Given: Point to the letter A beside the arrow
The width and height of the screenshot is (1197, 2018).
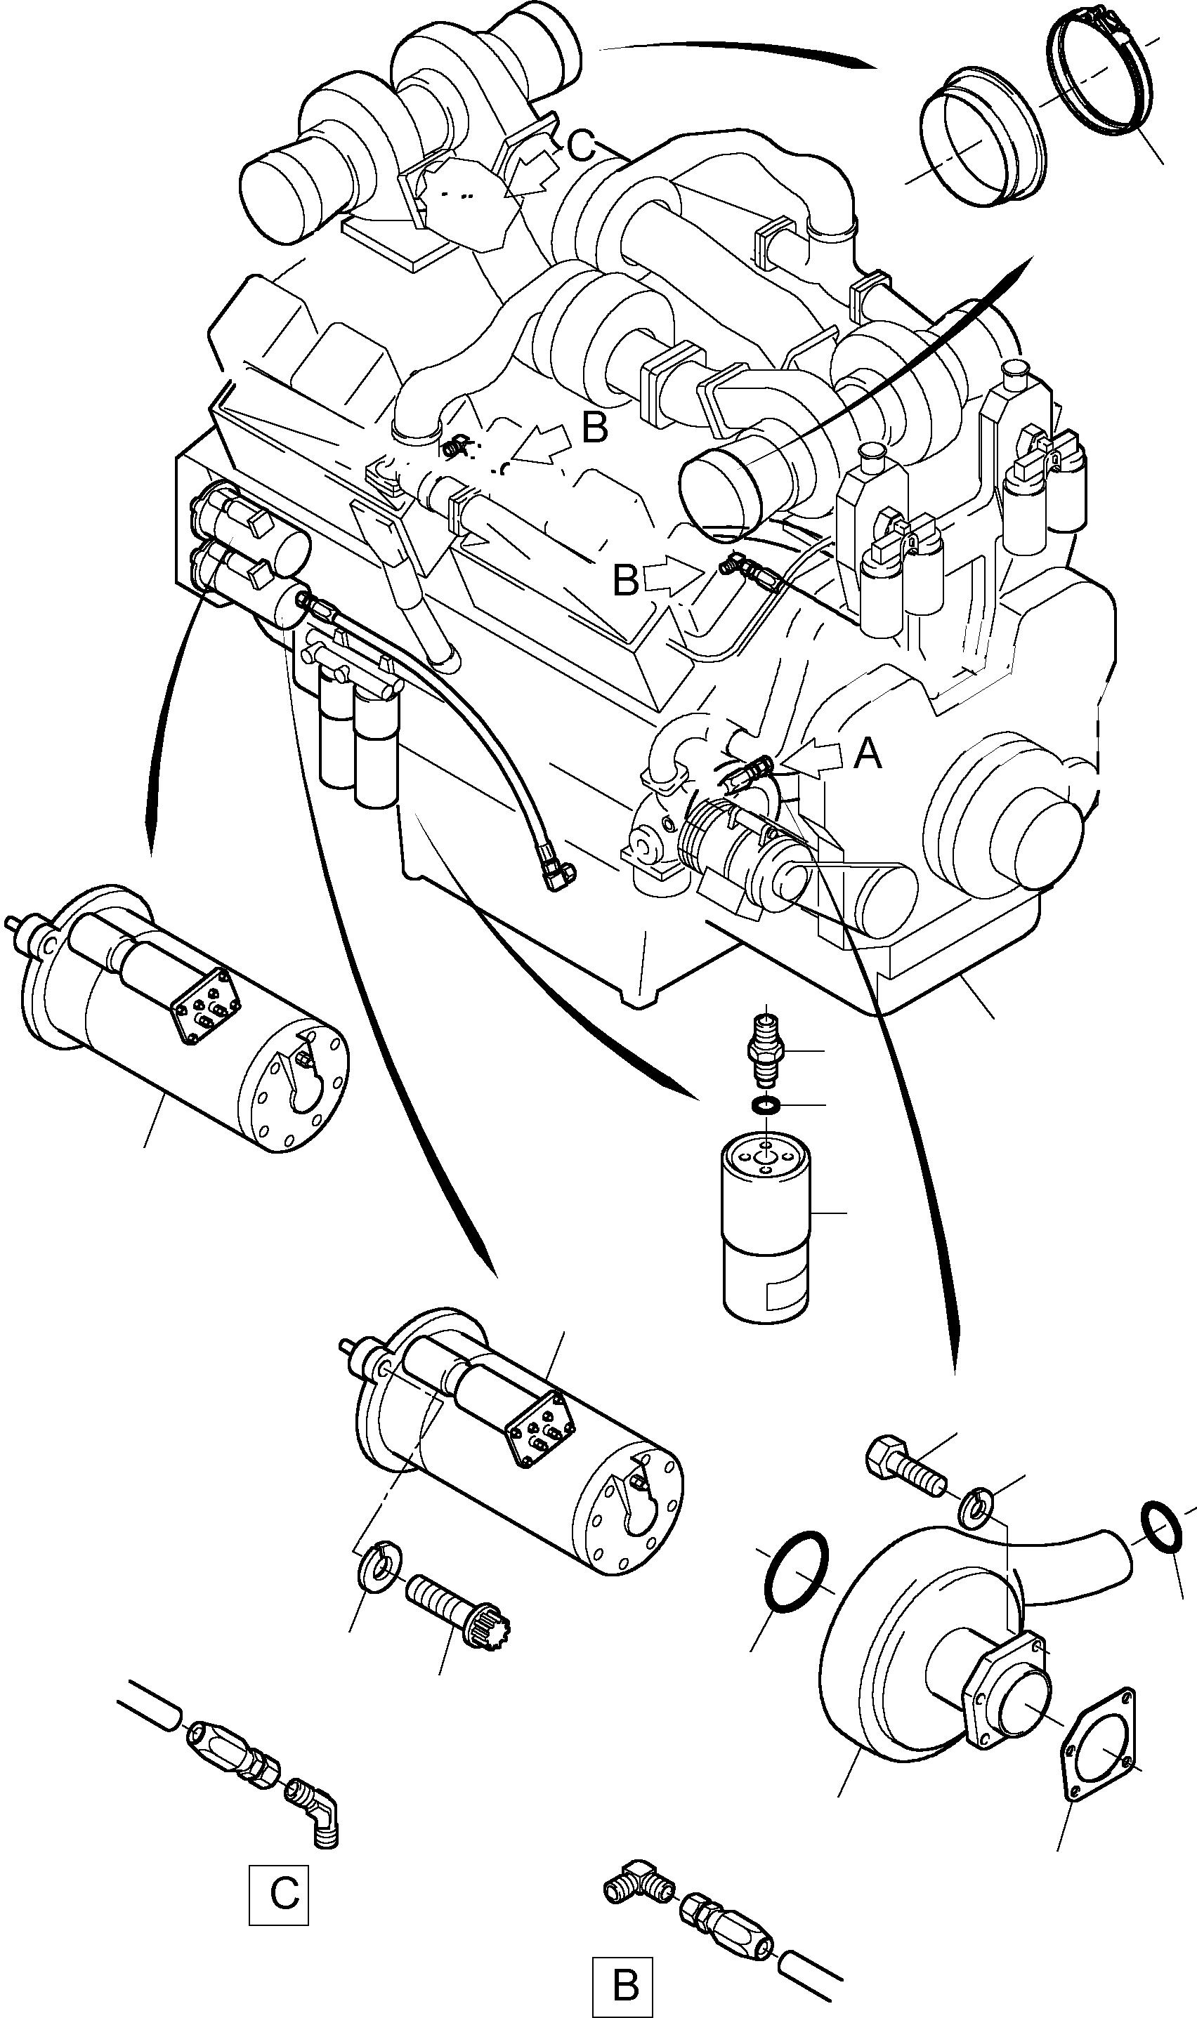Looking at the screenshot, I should click(x=867, y=755).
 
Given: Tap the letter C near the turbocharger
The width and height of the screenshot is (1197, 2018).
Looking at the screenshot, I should click(x=580, y=147).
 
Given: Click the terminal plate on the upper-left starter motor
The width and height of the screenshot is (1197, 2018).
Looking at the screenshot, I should click(x=207, y=1008).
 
